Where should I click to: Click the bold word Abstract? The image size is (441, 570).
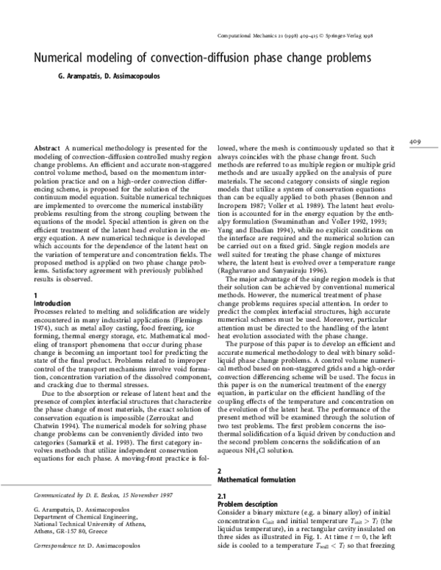click(x=37, y=148)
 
